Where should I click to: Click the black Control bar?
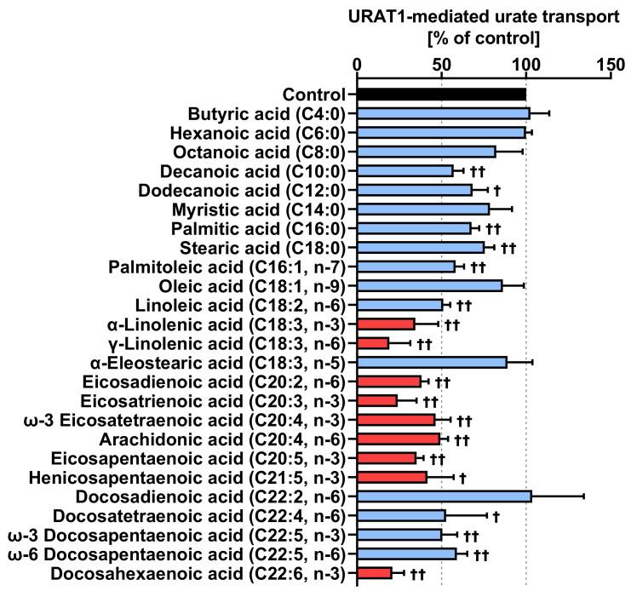tap(441, 95)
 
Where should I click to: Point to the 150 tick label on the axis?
tap(610, 64)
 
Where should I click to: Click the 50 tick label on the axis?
tap(441, 64)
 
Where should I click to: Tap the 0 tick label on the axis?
tap(358, 64)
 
